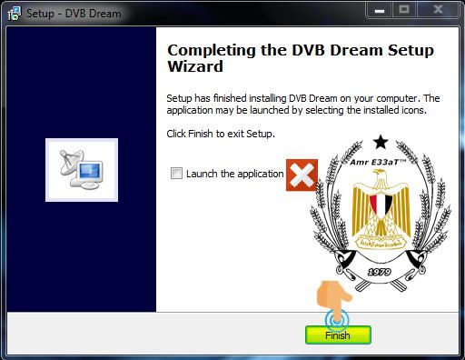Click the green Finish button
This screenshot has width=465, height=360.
coord(338,335)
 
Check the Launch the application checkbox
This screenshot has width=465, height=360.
coord(176,174)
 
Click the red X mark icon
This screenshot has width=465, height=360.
coord(302,175)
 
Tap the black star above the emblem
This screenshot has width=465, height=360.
coord(381,142)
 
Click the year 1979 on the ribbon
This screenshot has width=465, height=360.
coord(379,272)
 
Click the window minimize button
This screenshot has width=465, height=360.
coord(380,11)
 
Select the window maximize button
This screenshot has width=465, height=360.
coord(404,10)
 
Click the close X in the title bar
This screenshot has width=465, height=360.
coord(438,10)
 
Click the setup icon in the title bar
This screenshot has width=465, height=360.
coord(15,14)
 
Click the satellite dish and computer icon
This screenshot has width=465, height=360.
coord(82,170)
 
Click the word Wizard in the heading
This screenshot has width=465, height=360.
coord(195,66)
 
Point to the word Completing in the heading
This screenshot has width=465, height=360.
coord(212,51)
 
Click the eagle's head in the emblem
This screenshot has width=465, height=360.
coord(381,175)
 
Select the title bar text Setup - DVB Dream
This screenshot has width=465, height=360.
coord(74,14)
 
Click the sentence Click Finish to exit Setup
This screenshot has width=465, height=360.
coord(221,134)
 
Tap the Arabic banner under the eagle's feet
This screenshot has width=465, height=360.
coord(381,242)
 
